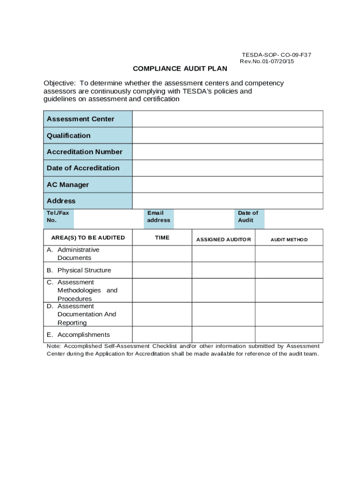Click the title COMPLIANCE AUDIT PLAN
click(x=180, y=69)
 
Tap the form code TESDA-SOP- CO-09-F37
click(x=276, y=55)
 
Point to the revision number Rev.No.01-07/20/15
click(x=267, y=62)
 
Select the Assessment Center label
click(x=80, y=119)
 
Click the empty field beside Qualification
click(x=227, y=136)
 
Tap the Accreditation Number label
click(x=85, y=152)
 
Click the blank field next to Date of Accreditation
click(x=227, y=168)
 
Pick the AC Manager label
click(x=68, y=185)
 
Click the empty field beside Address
click(x=227, y=201)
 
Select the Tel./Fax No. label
click(x=58, y=217)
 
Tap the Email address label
click(x=158, y=217)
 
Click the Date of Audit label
click(x=248, y=217)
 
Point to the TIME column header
click(x=162, y=238)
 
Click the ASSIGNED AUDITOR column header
click(x=223, y=239)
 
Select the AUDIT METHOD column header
click(x=289, y=239)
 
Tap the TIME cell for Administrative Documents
click(x=162, y=254)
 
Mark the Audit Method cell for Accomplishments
click(x=289, y=334)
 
